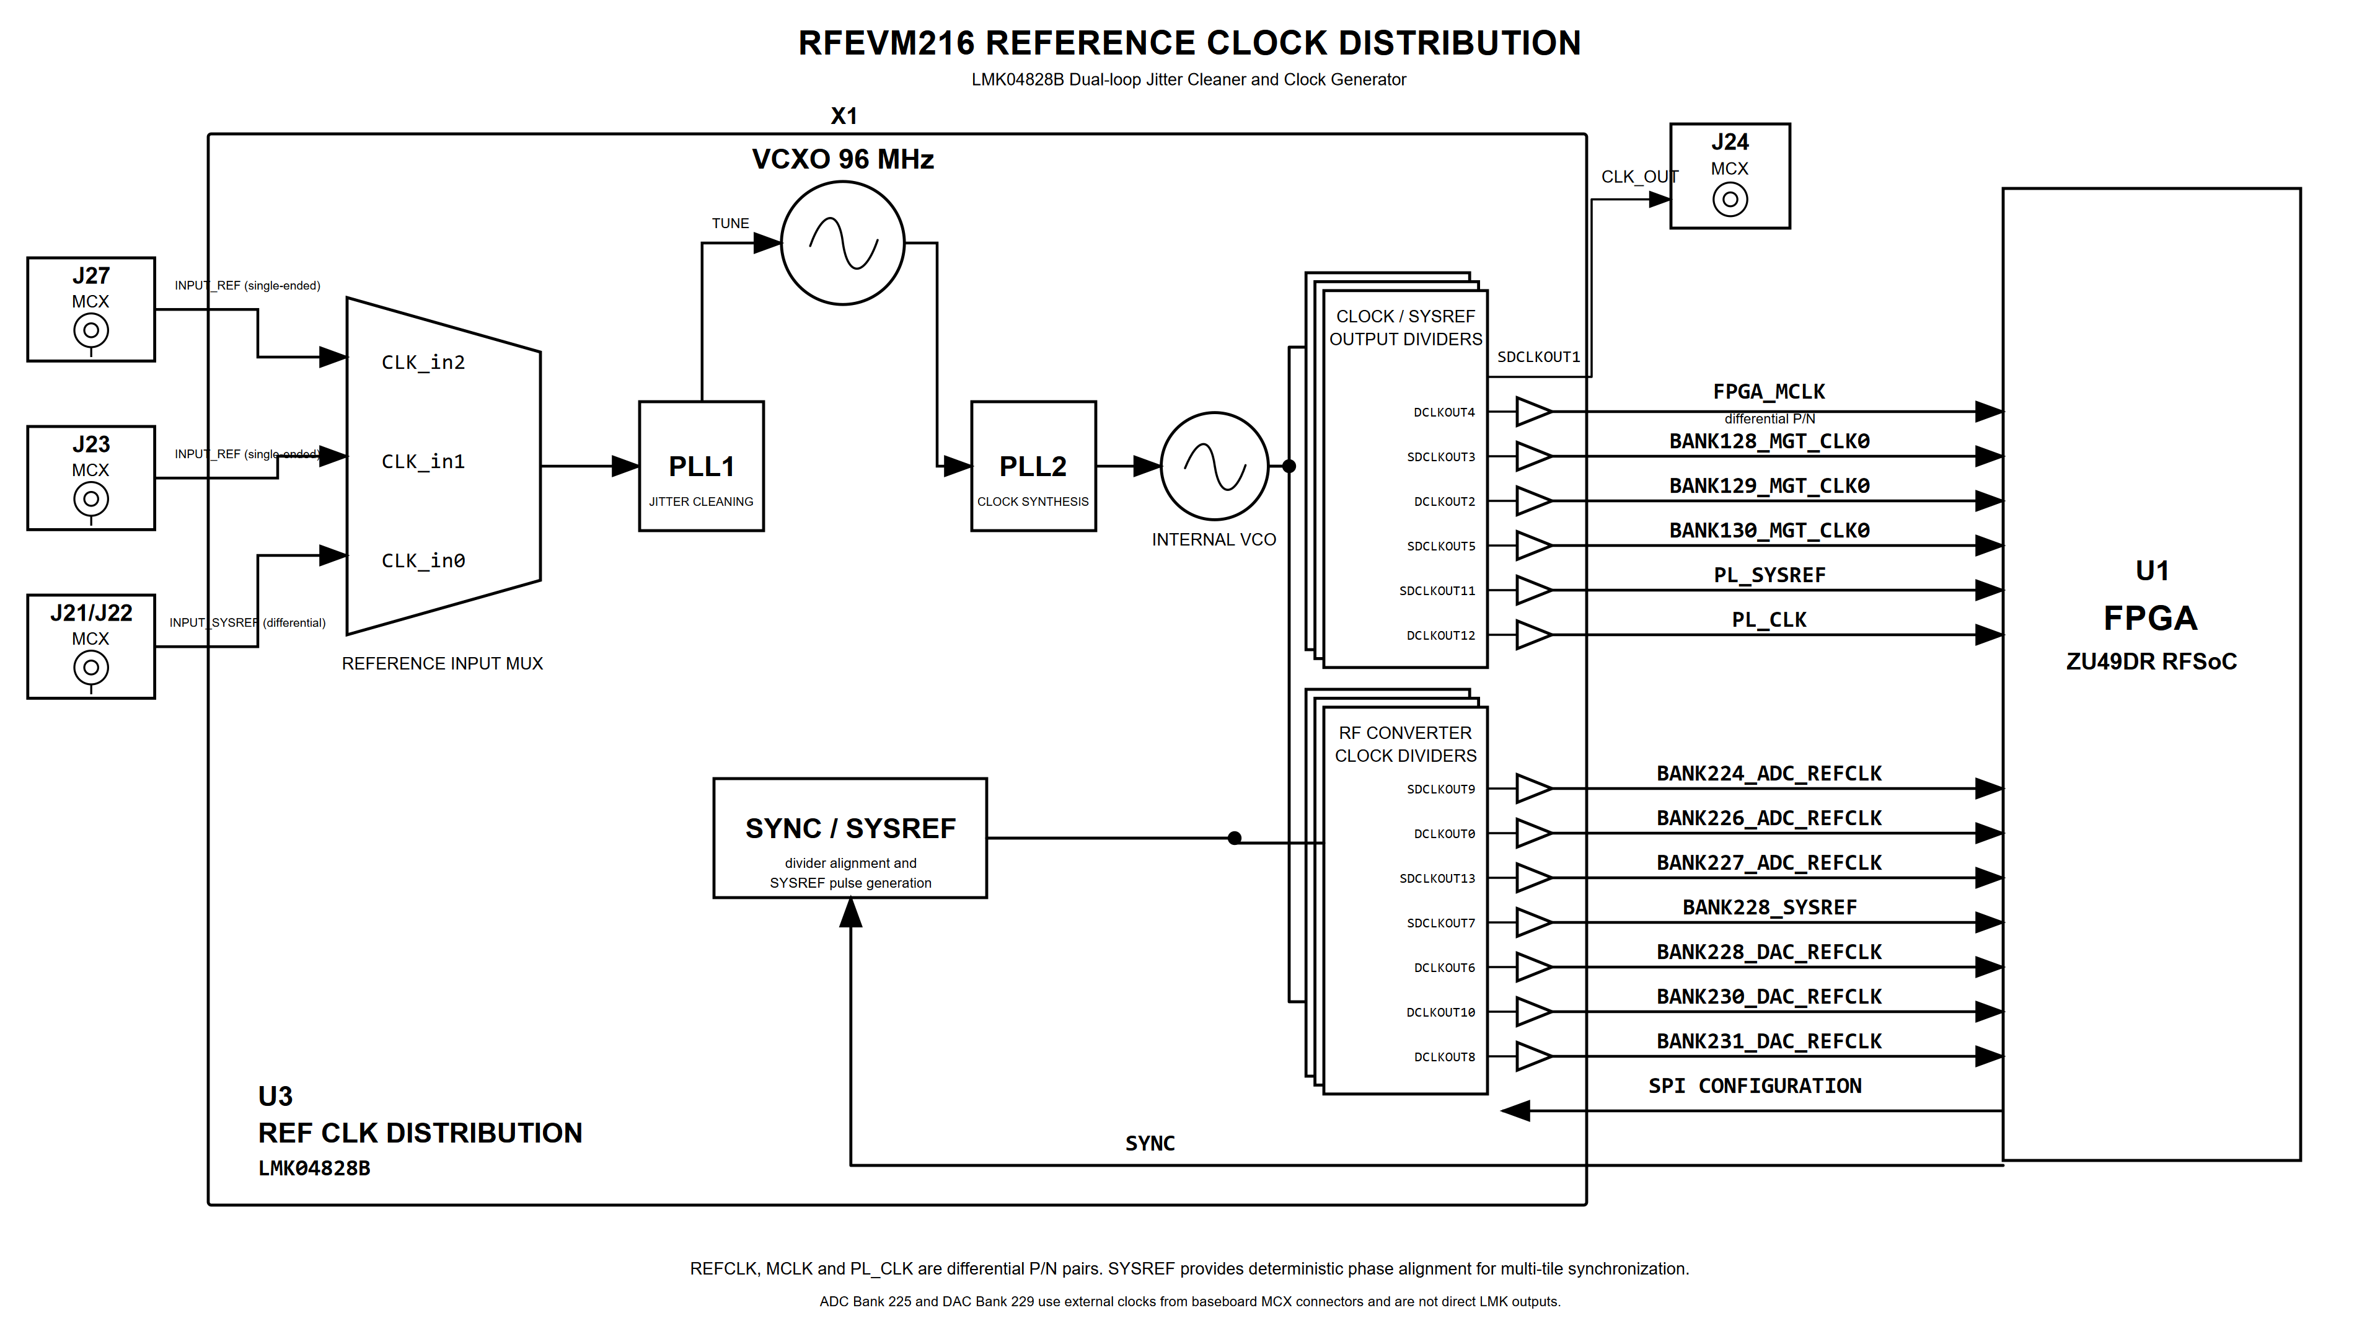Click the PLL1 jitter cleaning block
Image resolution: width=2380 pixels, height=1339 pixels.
(x=701, y=466)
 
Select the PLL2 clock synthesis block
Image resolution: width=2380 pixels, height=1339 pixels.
(x=1033, y=466)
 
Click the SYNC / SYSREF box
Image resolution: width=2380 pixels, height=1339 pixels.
(x=850, y=838)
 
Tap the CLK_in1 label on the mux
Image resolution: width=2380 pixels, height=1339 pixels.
(x=423, y=461)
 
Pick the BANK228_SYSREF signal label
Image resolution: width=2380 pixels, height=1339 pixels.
(x=1770, y=908)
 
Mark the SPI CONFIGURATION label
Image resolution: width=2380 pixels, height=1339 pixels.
(x=1755, y=1086)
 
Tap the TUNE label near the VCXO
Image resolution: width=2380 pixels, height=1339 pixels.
(x=730, y=224)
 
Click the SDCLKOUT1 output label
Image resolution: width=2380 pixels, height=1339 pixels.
(x=1538, y=356)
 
